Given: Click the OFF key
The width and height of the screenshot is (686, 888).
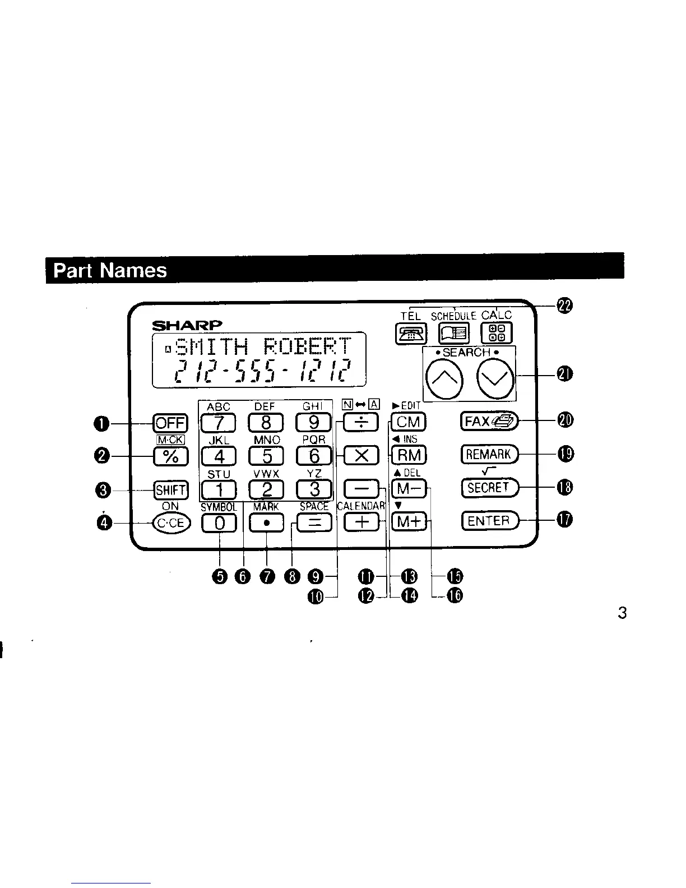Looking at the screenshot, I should coord(171,423).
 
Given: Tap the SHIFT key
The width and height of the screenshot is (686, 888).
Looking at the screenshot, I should coord(171,490).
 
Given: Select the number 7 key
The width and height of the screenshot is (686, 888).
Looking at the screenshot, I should coord(219,422).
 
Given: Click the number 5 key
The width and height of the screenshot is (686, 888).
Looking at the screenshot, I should coord(266,456).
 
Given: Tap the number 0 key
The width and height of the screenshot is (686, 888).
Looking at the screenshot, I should coord(219,523).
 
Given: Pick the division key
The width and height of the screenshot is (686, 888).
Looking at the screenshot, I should coord(361,422).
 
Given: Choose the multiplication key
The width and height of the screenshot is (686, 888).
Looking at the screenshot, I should coord(361,455).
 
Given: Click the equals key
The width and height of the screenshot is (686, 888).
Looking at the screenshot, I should coord(314,523).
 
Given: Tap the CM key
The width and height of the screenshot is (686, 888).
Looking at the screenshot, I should coord(409,422).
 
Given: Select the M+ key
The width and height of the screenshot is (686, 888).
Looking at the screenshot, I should coord(409,522).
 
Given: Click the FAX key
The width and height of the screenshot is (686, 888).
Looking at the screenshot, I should coord(489,421).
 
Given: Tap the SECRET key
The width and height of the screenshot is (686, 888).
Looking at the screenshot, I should coord(489,488).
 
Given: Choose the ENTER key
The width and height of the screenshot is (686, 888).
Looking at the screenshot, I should coord(489,521).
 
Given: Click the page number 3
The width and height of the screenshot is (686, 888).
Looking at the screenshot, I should coord(622,613).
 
